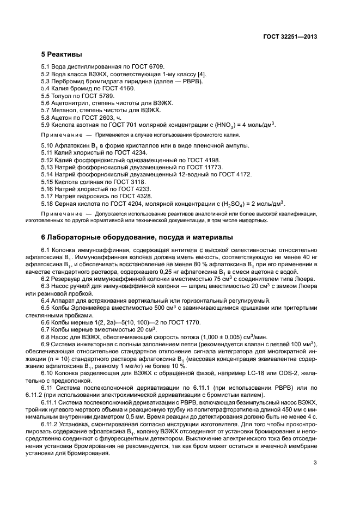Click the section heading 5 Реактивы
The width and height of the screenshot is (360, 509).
tap(62, 55)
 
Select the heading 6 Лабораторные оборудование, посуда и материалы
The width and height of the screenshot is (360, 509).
tap(138, 237)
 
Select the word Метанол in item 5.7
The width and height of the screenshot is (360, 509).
tap(65, 110)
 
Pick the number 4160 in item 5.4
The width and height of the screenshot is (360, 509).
tap(125, 88)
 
